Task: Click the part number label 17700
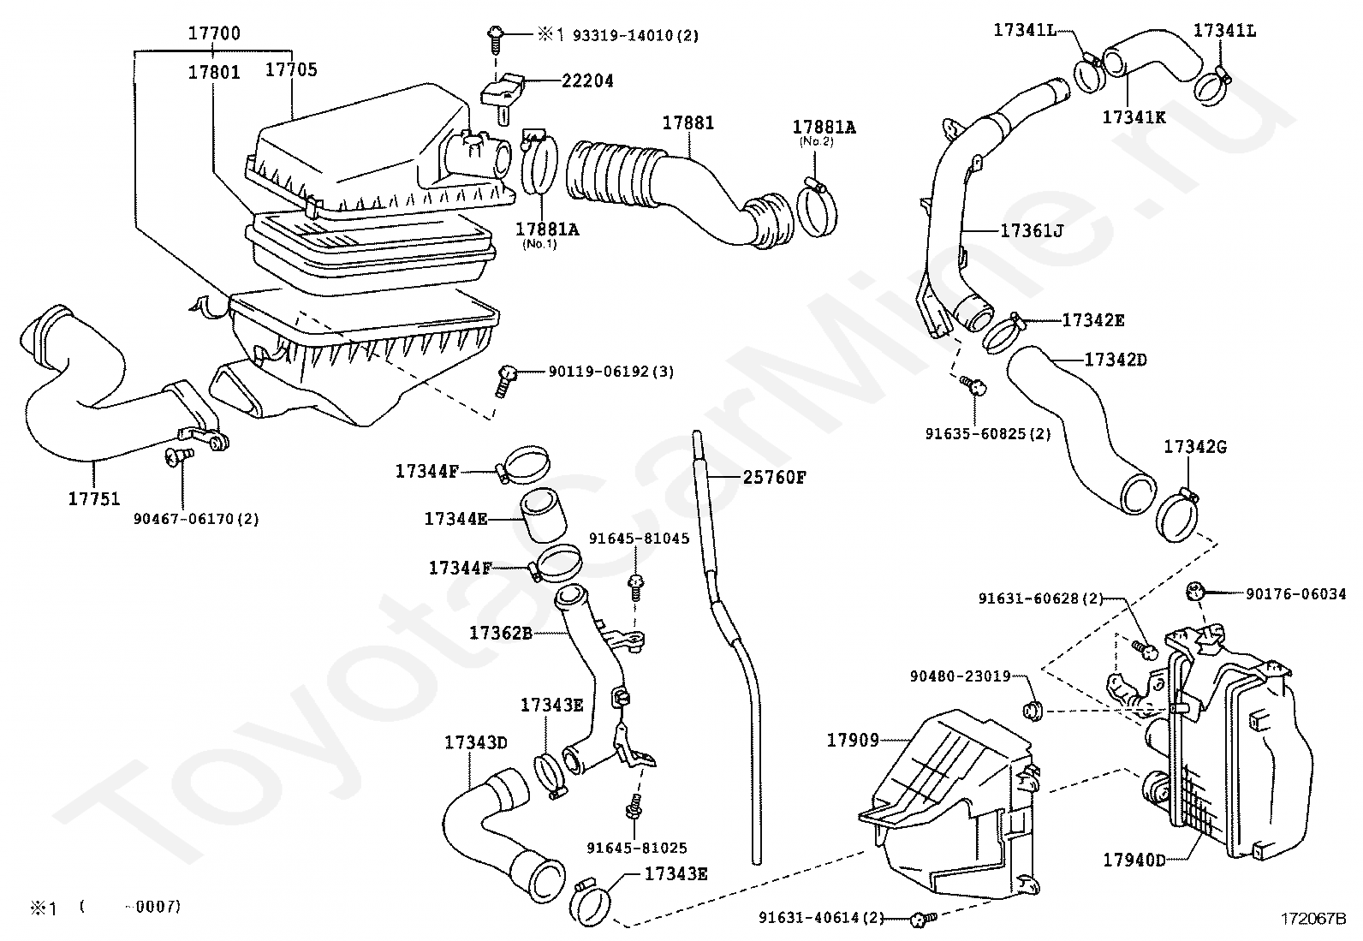point(214,33)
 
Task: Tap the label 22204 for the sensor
point(587,80)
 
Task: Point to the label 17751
point(94,498)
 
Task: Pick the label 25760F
point(775,477)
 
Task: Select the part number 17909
point(853,740)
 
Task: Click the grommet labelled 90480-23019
point(1032,711)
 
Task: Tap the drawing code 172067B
point(1313,919)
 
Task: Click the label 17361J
point(1032,230)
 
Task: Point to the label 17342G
point(1195,447)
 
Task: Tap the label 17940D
point(1134,860)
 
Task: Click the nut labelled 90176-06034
point(1196,591)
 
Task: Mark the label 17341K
point(1134,116)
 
